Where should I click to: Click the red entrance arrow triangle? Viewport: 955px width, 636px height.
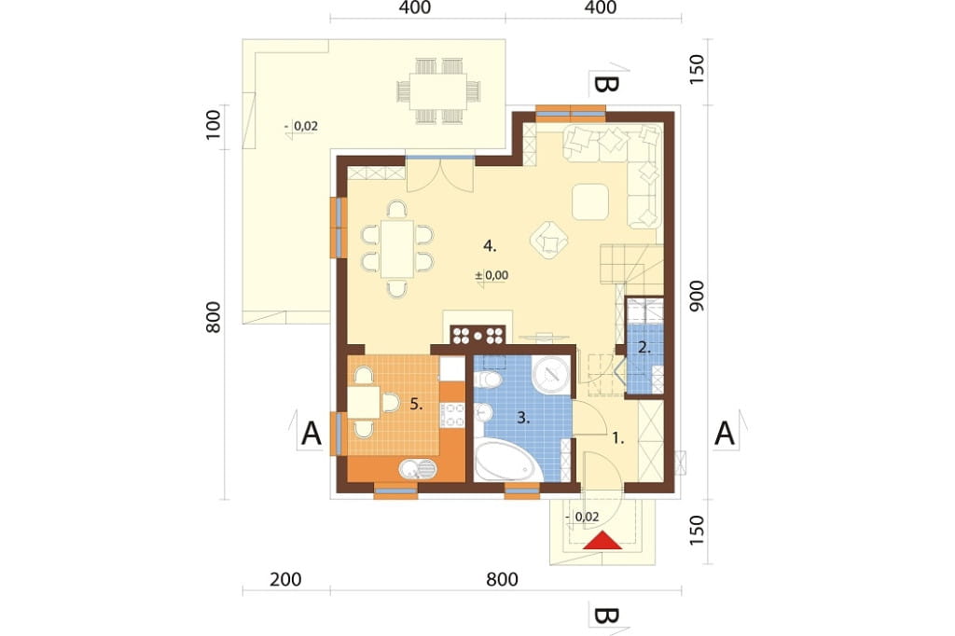click(x=602, y=541)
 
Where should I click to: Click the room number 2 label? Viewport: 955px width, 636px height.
click(x=644, y=349)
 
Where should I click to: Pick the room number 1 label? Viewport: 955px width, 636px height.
click(x=618, y=438)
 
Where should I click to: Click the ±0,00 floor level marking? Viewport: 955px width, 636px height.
click(x=491, y=275)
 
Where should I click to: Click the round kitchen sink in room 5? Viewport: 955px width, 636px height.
click(x=418, y=468)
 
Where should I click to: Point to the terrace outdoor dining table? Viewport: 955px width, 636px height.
click(x=438, y=91)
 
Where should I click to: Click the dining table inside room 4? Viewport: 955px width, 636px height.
click(x=397, y=249)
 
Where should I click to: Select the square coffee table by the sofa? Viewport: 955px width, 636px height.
click(x=590, y=201)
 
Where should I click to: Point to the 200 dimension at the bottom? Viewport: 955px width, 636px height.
click(x=285, y=579)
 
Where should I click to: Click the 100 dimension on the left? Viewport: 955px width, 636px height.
click(x=213, y=125)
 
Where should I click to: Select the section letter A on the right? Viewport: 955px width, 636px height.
click(x=724, y=435)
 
